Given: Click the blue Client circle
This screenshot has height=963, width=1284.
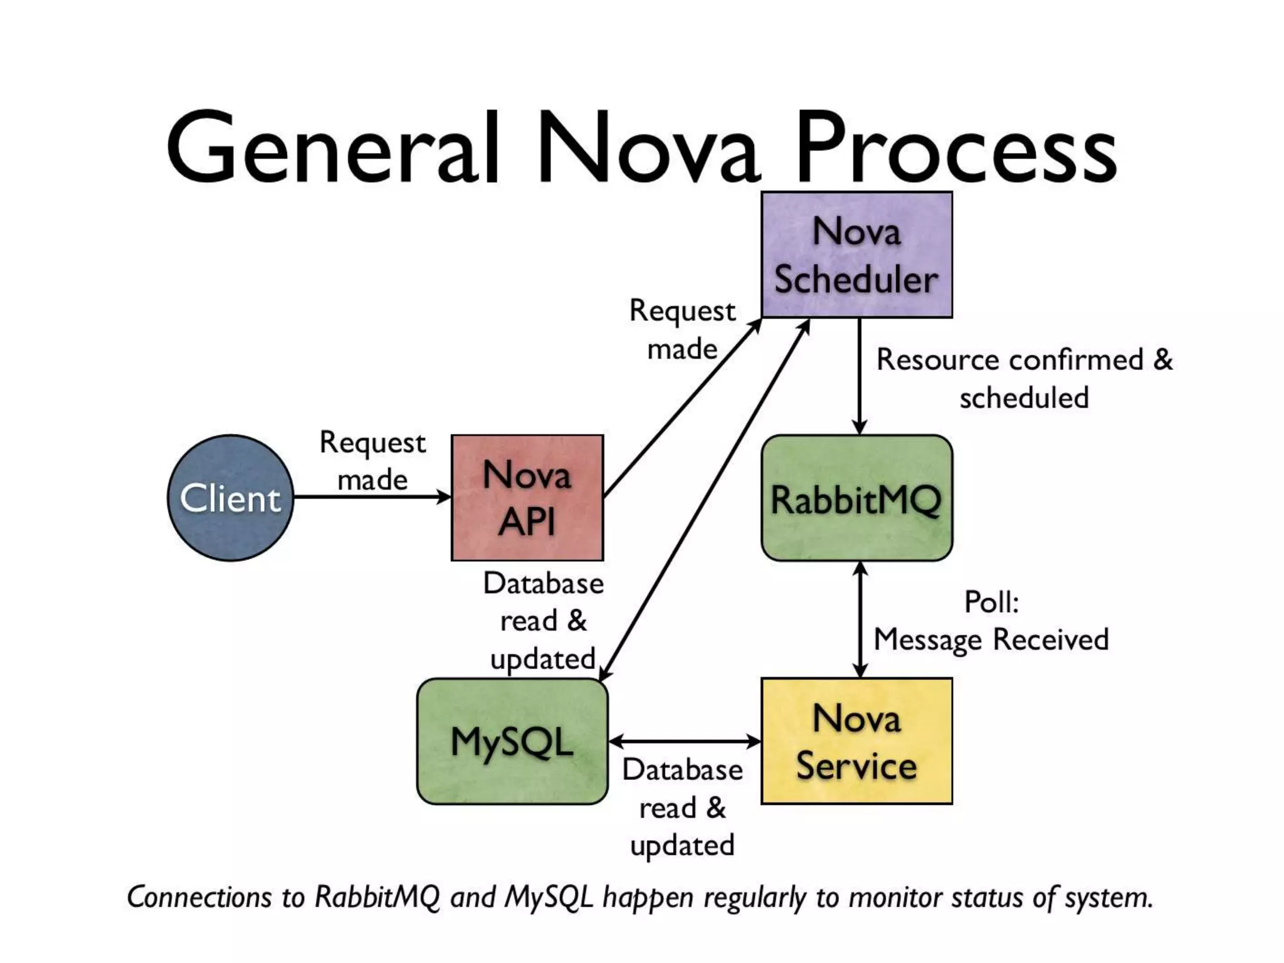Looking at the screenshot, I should pos(230,498).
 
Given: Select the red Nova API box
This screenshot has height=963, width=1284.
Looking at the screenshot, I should pos(527,498).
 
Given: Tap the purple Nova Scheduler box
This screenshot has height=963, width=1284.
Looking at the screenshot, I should pos(856,255).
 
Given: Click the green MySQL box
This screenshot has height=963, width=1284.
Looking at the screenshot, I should pos(512,741).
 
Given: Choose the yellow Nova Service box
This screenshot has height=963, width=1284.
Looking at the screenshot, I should pos(856,741).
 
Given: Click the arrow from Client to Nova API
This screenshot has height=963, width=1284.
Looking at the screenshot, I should pos(372,497).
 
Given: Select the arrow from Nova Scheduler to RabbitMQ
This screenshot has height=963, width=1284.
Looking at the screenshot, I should pos(860,376).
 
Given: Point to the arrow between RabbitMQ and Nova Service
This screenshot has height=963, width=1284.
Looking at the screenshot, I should pos(860,619).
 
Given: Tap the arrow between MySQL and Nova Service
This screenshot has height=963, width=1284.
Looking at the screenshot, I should pos(685,742).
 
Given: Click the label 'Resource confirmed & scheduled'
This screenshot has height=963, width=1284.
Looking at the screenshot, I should pos(1024,379).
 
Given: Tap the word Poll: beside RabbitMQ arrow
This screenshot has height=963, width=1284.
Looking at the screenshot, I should pos(991,603).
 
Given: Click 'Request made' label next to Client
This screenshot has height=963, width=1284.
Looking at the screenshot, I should pos(372,461).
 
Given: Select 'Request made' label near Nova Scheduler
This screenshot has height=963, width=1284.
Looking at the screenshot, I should pos(682,330).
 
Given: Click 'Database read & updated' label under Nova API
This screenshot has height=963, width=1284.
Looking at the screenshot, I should pos(543,621).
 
